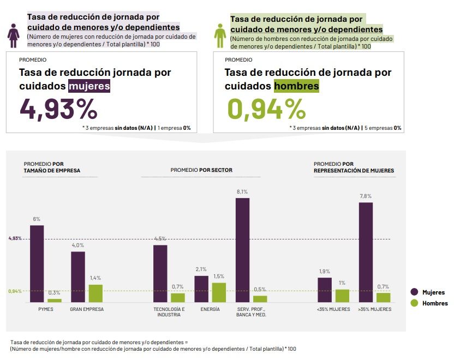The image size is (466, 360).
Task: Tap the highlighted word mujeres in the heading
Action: (89, 86)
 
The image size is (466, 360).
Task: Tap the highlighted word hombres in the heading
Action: (296, 86)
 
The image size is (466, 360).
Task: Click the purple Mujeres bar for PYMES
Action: (37, 263)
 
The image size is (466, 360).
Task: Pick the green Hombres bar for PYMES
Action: (55, 300)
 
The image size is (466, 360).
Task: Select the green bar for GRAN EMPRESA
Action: (95, 293)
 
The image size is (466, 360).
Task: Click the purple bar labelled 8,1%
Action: (242, 250)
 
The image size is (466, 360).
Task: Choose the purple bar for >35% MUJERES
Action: (366, 252)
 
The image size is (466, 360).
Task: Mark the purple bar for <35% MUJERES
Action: (325, 290)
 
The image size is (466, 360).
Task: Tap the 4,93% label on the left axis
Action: (15, 239)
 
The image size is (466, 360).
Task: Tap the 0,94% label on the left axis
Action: (15, 291)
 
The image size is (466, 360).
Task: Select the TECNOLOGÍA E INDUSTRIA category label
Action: (169, 312)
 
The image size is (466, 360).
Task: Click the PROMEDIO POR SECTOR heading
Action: (201, 170)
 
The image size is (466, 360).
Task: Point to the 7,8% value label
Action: (365, 196)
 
